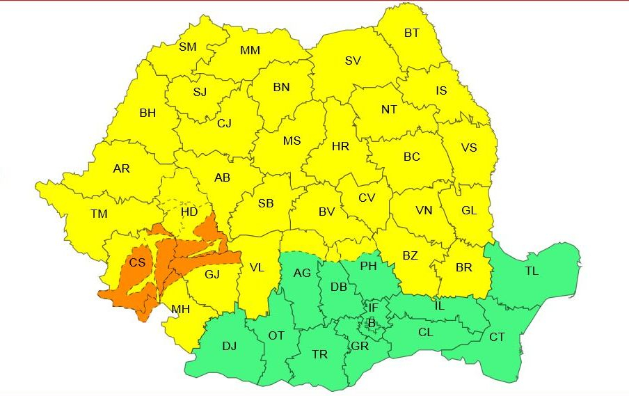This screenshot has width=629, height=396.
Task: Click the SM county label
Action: point(188,47)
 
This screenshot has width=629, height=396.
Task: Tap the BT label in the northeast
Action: point(412,33)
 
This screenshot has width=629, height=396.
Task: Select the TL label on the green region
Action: point(531,271)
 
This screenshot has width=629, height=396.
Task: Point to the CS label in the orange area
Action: point(138,262)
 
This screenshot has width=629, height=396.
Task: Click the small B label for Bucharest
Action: point(372,322)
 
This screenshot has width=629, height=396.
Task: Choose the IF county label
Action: point(374,308)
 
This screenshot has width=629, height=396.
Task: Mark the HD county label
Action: point(189,212)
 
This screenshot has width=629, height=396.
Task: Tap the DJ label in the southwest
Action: point(229,346)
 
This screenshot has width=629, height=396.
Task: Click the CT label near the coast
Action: point(497,337)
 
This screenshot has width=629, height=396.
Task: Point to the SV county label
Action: point(353,61)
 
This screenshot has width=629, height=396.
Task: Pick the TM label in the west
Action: point(99,214)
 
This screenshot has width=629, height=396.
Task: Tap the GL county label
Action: point(469,210)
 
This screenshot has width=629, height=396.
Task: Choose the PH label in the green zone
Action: point(368,265)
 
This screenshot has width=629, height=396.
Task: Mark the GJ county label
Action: point(212,274)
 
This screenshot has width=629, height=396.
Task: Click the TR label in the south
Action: point(319,354)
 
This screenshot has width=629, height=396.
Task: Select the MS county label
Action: point(292,141)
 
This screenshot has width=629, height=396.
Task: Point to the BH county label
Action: point(148,112)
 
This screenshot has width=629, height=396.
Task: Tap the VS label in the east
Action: point(469,148)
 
